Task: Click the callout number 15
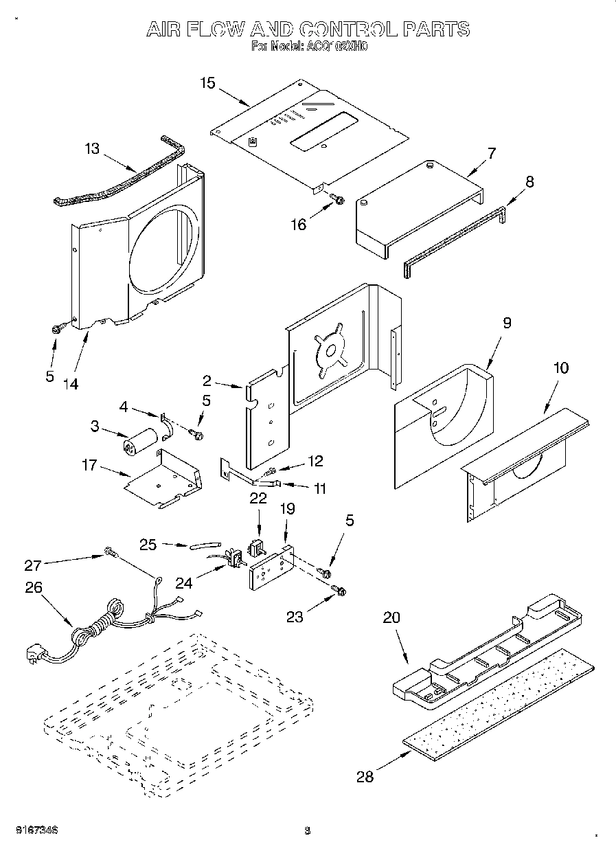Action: (207, 83)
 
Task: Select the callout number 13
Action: (92, 148)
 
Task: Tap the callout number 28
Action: (365, 777)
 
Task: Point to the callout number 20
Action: (391, 617)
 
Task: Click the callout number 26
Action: (34, 587)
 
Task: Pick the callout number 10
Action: (561, 367)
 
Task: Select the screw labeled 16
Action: (337, 199)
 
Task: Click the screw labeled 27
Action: (110, 551)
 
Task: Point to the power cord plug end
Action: (34, 653)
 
